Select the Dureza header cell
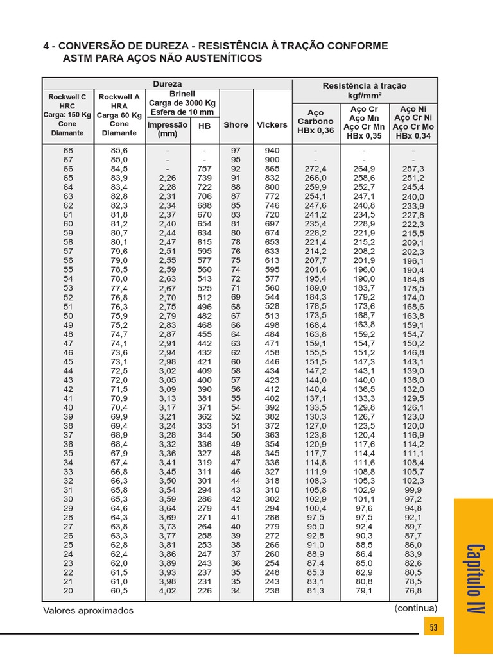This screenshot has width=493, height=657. click(x=167, y=84)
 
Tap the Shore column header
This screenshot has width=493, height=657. click(x=236, y=125)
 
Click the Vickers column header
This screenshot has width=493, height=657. click(x=272, y=125)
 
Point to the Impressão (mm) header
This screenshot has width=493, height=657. click(x=168, y=129)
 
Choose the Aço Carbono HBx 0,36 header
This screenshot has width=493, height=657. click(x=316, y=121)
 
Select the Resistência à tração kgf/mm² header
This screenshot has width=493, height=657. click(x=365, y=90)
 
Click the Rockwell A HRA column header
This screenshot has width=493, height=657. click(x=119, y=115)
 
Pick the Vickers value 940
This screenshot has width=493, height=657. click(x=272, y=150)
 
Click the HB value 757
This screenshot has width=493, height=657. click(x=204, y=169)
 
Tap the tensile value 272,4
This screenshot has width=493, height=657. click(x=316, y=169)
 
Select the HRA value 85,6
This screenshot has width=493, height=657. click(x=119, y=150)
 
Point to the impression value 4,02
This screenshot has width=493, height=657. click(x=167, y=591)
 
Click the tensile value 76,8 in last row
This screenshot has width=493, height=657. click(x=413, y=591)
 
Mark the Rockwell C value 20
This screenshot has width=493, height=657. click(x=68, y=591)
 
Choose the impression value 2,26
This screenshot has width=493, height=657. click(x=167, y=178)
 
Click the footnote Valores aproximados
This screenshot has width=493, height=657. click(x=89, y=611)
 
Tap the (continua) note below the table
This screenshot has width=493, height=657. click(x=416, y=608)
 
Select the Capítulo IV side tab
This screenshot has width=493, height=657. click(x=474, y=577)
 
